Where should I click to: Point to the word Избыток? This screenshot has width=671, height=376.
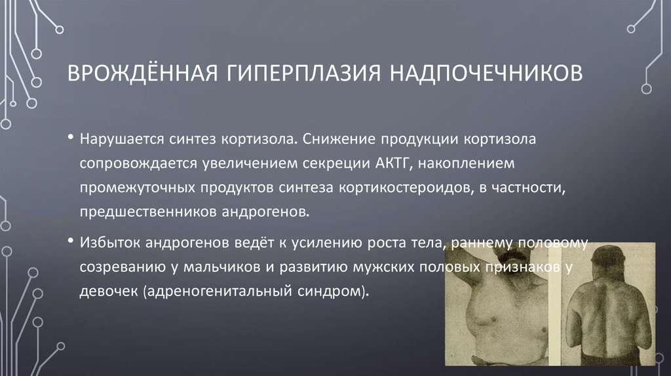click(x=106, y=243)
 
